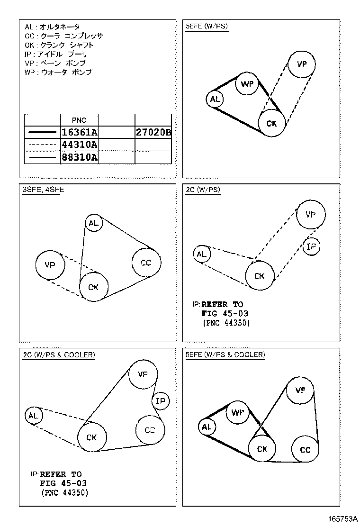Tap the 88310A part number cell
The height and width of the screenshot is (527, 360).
point(79,157)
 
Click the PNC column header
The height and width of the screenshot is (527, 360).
point(79,120)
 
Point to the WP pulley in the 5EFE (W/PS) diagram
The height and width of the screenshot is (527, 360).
point(247,84)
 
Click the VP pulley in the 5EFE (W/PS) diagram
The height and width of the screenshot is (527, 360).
point(301,64)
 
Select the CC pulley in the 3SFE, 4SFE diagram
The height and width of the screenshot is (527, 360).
point(146,263)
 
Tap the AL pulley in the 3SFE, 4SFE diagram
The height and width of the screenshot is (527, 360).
point(94,223)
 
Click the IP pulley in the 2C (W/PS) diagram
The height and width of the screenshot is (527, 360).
point(311,246)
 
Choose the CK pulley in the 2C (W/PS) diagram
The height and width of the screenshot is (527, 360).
point(260,276)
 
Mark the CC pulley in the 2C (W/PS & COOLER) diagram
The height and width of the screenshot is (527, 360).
point(150,430)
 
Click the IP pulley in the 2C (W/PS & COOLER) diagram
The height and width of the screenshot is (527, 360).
point(161,401)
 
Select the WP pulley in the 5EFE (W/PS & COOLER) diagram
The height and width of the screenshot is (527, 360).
point(238,413)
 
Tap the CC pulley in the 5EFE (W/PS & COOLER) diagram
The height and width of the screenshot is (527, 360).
point(305,449)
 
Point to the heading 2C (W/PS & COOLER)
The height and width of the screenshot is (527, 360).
point(59,354)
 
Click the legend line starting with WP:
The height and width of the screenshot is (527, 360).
point(58,73)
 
